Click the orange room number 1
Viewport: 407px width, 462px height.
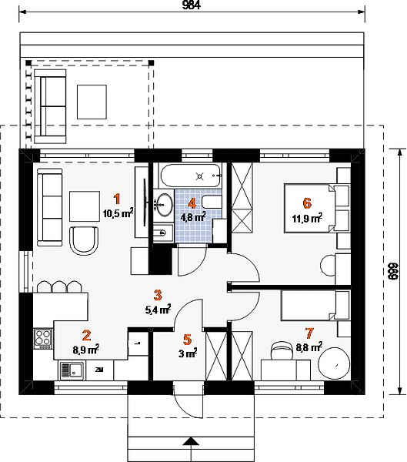pos(117,199)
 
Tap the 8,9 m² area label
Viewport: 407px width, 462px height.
pos(85,350)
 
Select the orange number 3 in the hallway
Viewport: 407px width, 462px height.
pos(158,295)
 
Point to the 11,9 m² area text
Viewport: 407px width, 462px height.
pos(307,218)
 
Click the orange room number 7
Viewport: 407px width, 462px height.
pos(309,333)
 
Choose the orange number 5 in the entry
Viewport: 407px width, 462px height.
pos(187,340)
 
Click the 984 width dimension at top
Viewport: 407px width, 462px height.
pos(192,5)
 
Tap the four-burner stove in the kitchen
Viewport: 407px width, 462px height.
pos(43,339)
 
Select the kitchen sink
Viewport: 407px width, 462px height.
pos(72,370)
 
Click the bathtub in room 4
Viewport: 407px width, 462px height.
pos(191,176)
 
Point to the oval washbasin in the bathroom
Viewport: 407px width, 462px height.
pos(164,204)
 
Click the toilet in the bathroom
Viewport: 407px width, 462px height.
pos(212,203)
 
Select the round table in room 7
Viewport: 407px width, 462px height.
pos(335,363)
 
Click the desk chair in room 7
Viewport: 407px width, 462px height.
pos(282,350)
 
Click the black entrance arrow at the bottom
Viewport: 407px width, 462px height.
pos(192,441)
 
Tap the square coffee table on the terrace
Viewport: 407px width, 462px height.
pos(92,102)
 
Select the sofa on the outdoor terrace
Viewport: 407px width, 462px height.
pos(50,106)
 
